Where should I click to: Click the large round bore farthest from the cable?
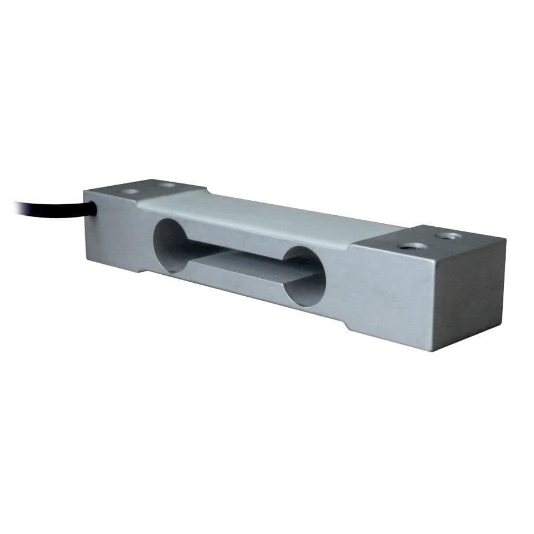click(305, 277)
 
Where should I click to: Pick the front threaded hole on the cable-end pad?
click(130, 191)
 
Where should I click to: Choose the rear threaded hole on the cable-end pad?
click(168, 185)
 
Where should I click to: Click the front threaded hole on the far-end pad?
click(413, 246)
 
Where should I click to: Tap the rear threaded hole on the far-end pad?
click(448, 235)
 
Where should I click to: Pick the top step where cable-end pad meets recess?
click(139, 200)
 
